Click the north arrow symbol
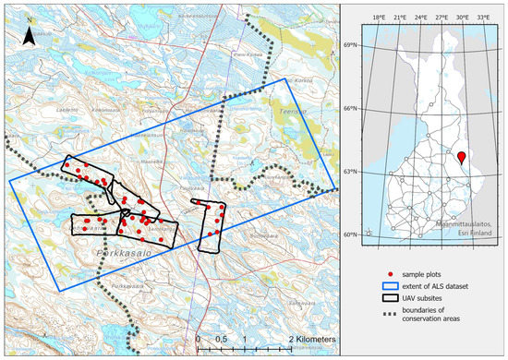30,35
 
